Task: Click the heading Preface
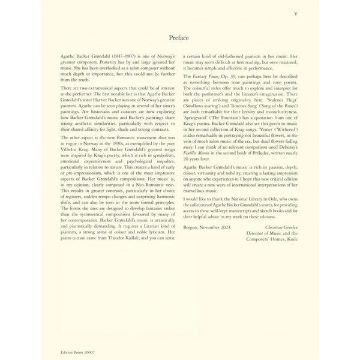coord(180,37)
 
